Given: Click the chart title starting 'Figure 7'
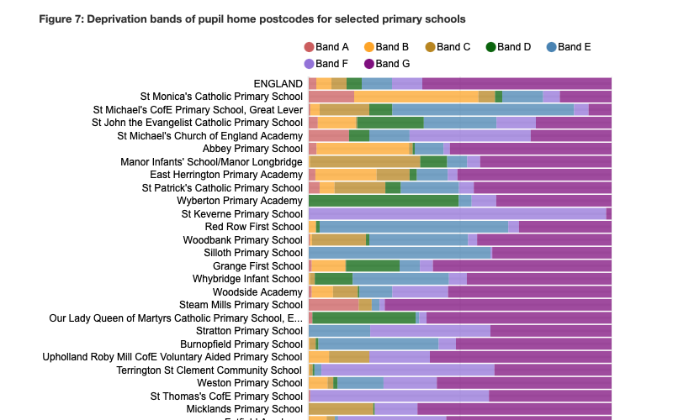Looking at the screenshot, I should [252, 18].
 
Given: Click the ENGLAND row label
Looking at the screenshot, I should [278, 83].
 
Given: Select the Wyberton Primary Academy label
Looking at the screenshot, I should [239, 201].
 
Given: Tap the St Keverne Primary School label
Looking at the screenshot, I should [241, 214].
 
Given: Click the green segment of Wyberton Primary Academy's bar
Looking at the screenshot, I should [384, 201].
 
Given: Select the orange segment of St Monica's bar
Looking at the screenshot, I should [416, 97].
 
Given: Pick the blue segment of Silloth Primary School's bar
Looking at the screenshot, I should [400, 253].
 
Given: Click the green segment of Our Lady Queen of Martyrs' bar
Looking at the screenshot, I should [364, 318].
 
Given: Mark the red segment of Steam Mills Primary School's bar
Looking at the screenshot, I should [333, 305].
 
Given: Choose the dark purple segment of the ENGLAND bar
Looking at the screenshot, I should [517, 83].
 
